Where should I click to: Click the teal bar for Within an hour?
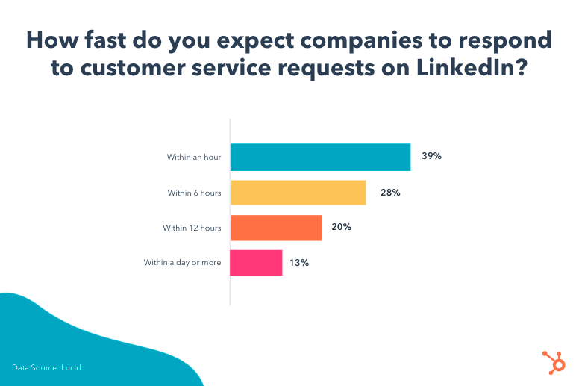coord(320,157)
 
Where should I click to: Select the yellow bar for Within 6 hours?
coord(298,193)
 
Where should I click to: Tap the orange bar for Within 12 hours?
coord(276,228)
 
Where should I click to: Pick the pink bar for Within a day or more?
coord(256,263)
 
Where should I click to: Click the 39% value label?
coord(431,157)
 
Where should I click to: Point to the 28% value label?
coord(389,193)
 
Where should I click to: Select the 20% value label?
coord(342,228)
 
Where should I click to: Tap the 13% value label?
coord(299,263)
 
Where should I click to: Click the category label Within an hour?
coord(194,158)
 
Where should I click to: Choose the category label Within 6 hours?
coord(194,193)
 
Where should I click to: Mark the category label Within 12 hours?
coord(192,228)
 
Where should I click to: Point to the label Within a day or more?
coord(182,263)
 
